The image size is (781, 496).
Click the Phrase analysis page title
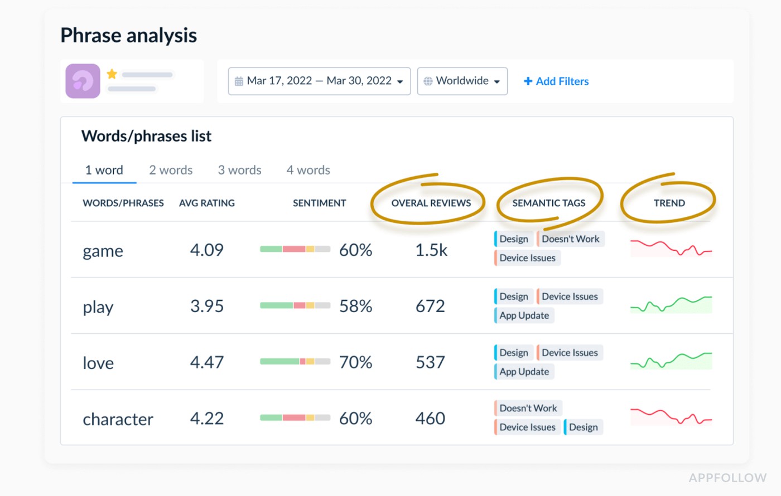tap(128, 36)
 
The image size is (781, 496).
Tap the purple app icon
tap(83, 81)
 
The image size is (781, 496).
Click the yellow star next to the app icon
tap(112, 74)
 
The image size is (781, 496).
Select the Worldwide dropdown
tap(462, 81)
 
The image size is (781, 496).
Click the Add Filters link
tap(556, 81)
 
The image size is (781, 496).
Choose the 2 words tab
tap(171, 170)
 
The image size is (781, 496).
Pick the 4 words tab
tap(308, 170)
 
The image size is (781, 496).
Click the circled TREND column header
tap(669, 203)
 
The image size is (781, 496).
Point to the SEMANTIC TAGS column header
tap(549, 203)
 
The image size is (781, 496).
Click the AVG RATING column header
tap(206, 203)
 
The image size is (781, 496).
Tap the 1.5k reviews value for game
tap(431, 250)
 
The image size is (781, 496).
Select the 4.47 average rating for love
tap(206, 362)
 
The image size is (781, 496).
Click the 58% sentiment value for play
tap(355, 306)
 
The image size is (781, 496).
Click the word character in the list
tap(118, 419)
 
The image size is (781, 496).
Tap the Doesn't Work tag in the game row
tap(570, 239)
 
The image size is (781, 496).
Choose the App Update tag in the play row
tap(524, 315)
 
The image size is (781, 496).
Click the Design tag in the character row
tap(583, 427)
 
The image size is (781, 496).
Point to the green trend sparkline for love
tap(671, 361)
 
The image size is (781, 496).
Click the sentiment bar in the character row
tap(295, 418)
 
